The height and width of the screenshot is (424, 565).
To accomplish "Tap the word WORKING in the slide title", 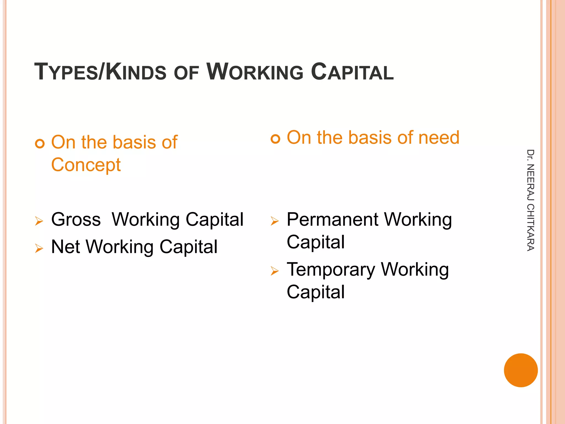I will click(x=255, y=72).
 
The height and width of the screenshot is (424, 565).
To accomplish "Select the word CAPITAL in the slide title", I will click(x=352, y=72).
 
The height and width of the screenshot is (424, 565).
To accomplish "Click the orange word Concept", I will click(x=86, y=165).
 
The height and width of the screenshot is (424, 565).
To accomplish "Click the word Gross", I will click(x=76, y=219).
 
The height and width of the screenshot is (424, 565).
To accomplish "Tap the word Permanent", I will click(x=332, y=219).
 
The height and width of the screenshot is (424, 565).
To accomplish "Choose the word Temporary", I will click(x=331, y=270).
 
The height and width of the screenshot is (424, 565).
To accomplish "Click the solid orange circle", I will click(x=521, y=370).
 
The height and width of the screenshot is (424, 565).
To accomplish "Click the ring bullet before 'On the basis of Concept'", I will click(x=40, y=144).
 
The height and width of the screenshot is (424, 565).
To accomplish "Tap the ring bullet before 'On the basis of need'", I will click(x=275, y=139).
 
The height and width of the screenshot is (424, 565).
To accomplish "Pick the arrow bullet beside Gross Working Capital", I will click(x=39, y=221).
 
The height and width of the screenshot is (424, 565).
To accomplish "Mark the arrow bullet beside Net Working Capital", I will click(x=39, y=248).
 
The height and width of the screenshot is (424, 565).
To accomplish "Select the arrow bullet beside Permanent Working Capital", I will click(x=275, y=221).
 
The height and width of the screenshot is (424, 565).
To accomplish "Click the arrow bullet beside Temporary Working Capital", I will click(x=275, y=271).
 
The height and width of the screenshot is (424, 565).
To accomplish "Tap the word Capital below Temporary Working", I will click(x=316, y=292).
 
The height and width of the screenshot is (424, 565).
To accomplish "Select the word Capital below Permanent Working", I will click(x=316, y=242).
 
